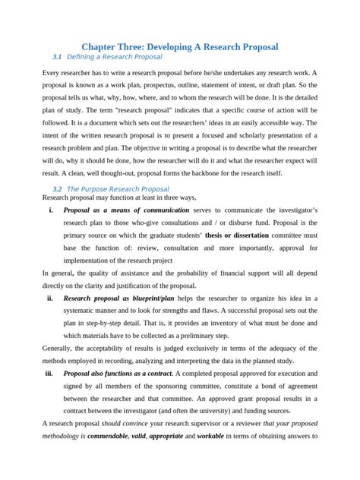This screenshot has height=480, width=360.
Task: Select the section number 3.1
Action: tap(58, 57)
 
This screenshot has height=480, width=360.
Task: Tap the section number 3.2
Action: tap(58, 188)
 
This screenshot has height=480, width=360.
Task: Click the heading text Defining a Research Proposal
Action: tap(116, 57)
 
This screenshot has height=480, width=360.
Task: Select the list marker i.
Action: tap(50, 210)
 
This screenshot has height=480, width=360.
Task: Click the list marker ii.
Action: tap(49, 298)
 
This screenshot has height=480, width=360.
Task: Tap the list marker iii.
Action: tap(49, 374)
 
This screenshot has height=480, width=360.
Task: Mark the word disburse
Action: tap(258, 223)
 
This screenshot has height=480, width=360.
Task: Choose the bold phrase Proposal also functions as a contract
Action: tap(118, 374)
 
